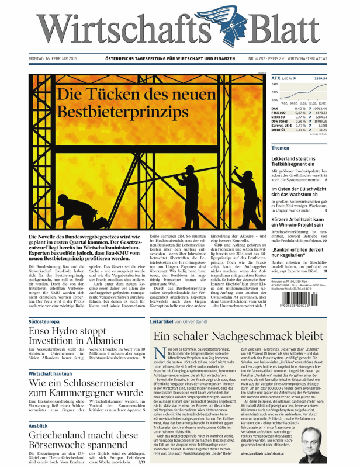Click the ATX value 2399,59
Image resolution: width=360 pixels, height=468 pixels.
pyautogui.click(x=337, y=78)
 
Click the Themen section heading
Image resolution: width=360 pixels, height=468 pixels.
pyautogui.click(x=281, y=148)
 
